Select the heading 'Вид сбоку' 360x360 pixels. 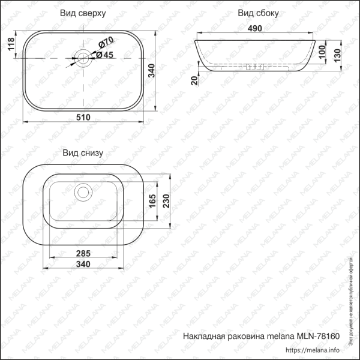(x=258, y=13)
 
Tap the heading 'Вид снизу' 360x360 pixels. (x=83, y=153)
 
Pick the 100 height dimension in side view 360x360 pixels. (x=323, y=53)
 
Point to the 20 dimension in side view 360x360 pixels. (x=194, y=80)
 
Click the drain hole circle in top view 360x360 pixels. (x=83, y=58)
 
